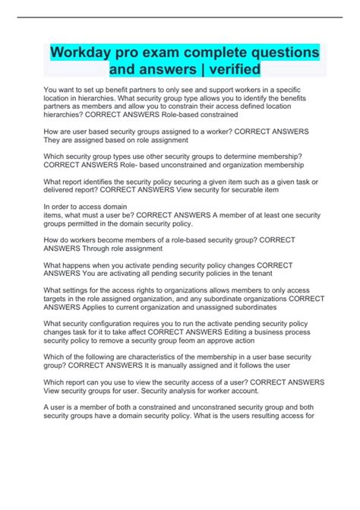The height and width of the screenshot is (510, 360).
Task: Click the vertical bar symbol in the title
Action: (184, 70)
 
